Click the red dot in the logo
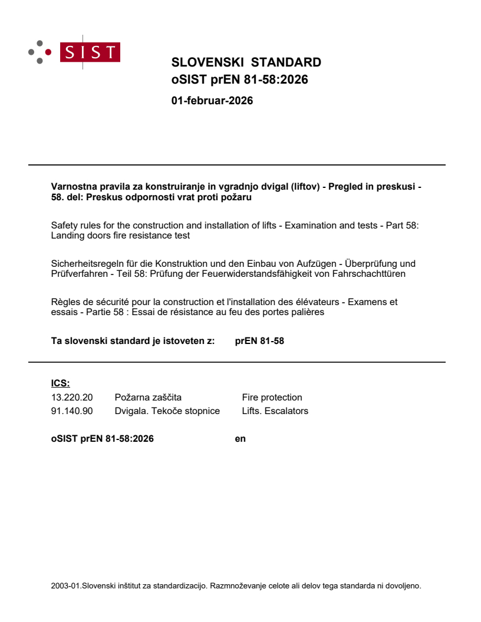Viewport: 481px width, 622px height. pos(48,52)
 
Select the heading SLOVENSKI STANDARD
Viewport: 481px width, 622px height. pos(246,62)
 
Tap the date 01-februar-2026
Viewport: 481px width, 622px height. pos(212,101)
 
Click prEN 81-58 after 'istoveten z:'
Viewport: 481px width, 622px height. pos(259,340)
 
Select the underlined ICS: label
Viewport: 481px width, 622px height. pos(60,383)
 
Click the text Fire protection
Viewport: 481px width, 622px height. pos(272,398)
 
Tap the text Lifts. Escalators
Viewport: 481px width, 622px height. pos(275,411)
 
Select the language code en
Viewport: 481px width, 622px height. pos(240,438)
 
